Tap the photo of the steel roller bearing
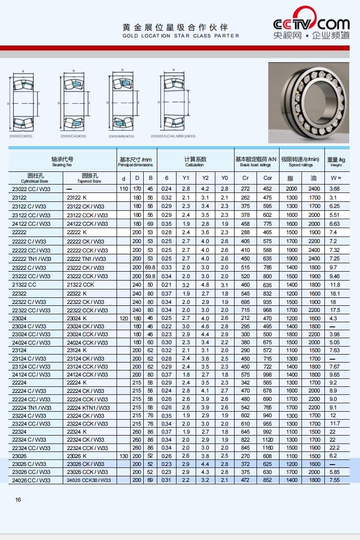point(309,103)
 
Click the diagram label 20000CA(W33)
point(73,136)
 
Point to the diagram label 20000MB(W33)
point(121,136)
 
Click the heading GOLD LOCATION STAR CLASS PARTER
point(181,36)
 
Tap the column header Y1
point(186,178)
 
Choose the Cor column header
point(267,178)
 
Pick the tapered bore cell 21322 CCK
point(81,285)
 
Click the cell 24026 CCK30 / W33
point(88,480)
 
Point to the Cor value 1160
point(267,448)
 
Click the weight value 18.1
point(334,293)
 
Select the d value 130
point(123,456)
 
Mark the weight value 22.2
point(334,448)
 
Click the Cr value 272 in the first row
point(245,189)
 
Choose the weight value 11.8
point(334,285)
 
